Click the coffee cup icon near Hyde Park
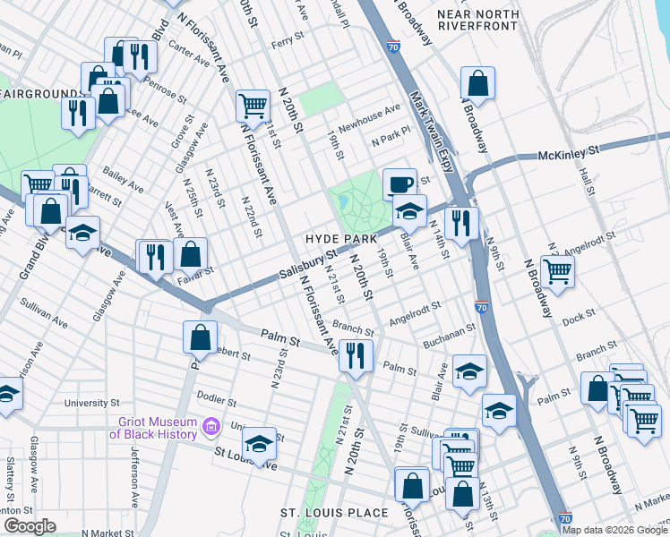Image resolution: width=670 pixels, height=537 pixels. tap(400, 183)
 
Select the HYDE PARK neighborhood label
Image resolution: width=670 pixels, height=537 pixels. tap(340, 239)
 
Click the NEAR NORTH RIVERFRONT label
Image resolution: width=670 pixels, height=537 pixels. tap(477, 20)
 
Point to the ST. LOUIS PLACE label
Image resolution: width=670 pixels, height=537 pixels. tap(334, 513)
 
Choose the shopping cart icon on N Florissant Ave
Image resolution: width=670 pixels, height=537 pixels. tap(253, 106)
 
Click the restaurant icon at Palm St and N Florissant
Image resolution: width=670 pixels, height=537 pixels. tap(356, 354)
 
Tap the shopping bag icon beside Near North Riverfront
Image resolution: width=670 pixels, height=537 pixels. tap(478, 82)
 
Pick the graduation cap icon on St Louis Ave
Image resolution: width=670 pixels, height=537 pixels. tap(259, 444)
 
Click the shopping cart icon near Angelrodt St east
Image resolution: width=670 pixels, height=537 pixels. tap(557, 269)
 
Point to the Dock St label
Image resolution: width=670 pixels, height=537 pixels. tap(580, 317)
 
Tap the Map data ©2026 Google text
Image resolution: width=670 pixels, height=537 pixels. tap(614, 529)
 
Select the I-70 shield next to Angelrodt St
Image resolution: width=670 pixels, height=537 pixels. tap(481, 306)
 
